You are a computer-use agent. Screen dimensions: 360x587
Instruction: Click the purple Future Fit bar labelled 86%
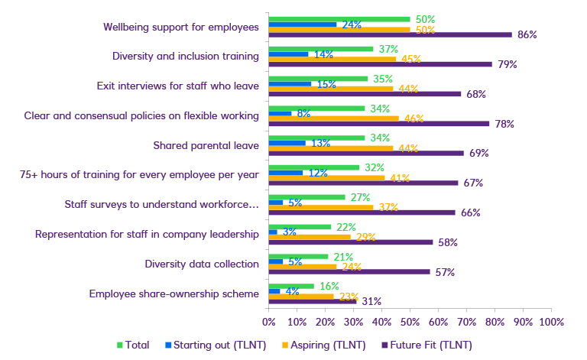[x=390, y=34]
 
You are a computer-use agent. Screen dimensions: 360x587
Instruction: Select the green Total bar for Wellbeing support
[x=339, y=19]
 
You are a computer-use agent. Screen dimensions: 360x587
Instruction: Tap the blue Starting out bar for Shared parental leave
[x=287, y=143]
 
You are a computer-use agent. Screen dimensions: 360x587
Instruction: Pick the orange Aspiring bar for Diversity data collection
[x=302, y=267]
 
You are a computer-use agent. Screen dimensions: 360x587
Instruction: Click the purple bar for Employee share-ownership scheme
[x=312, y=301]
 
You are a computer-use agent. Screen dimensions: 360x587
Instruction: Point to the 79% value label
[x=507, y=64]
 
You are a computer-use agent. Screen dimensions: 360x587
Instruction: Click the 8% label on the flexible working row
[x=303, y=114]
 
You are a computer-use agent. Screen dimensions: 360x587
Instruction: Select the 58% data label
[x=447, y=242]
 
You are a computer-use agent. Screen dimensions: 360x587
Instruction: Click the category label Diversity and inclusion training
[x=186, y=56]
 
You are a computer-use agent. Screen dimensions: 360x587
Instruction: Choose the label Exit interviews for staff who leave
[x=177, y=86]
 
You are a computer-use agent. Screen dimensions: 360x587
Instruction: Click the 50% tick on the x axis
[x=410, y=322]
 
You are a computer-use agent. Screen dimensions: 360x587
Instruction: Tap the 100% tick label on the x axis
[x=550, y=322]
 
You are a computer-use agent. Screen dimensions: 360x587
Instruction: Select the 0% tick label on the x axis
[x=268, y=322]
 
